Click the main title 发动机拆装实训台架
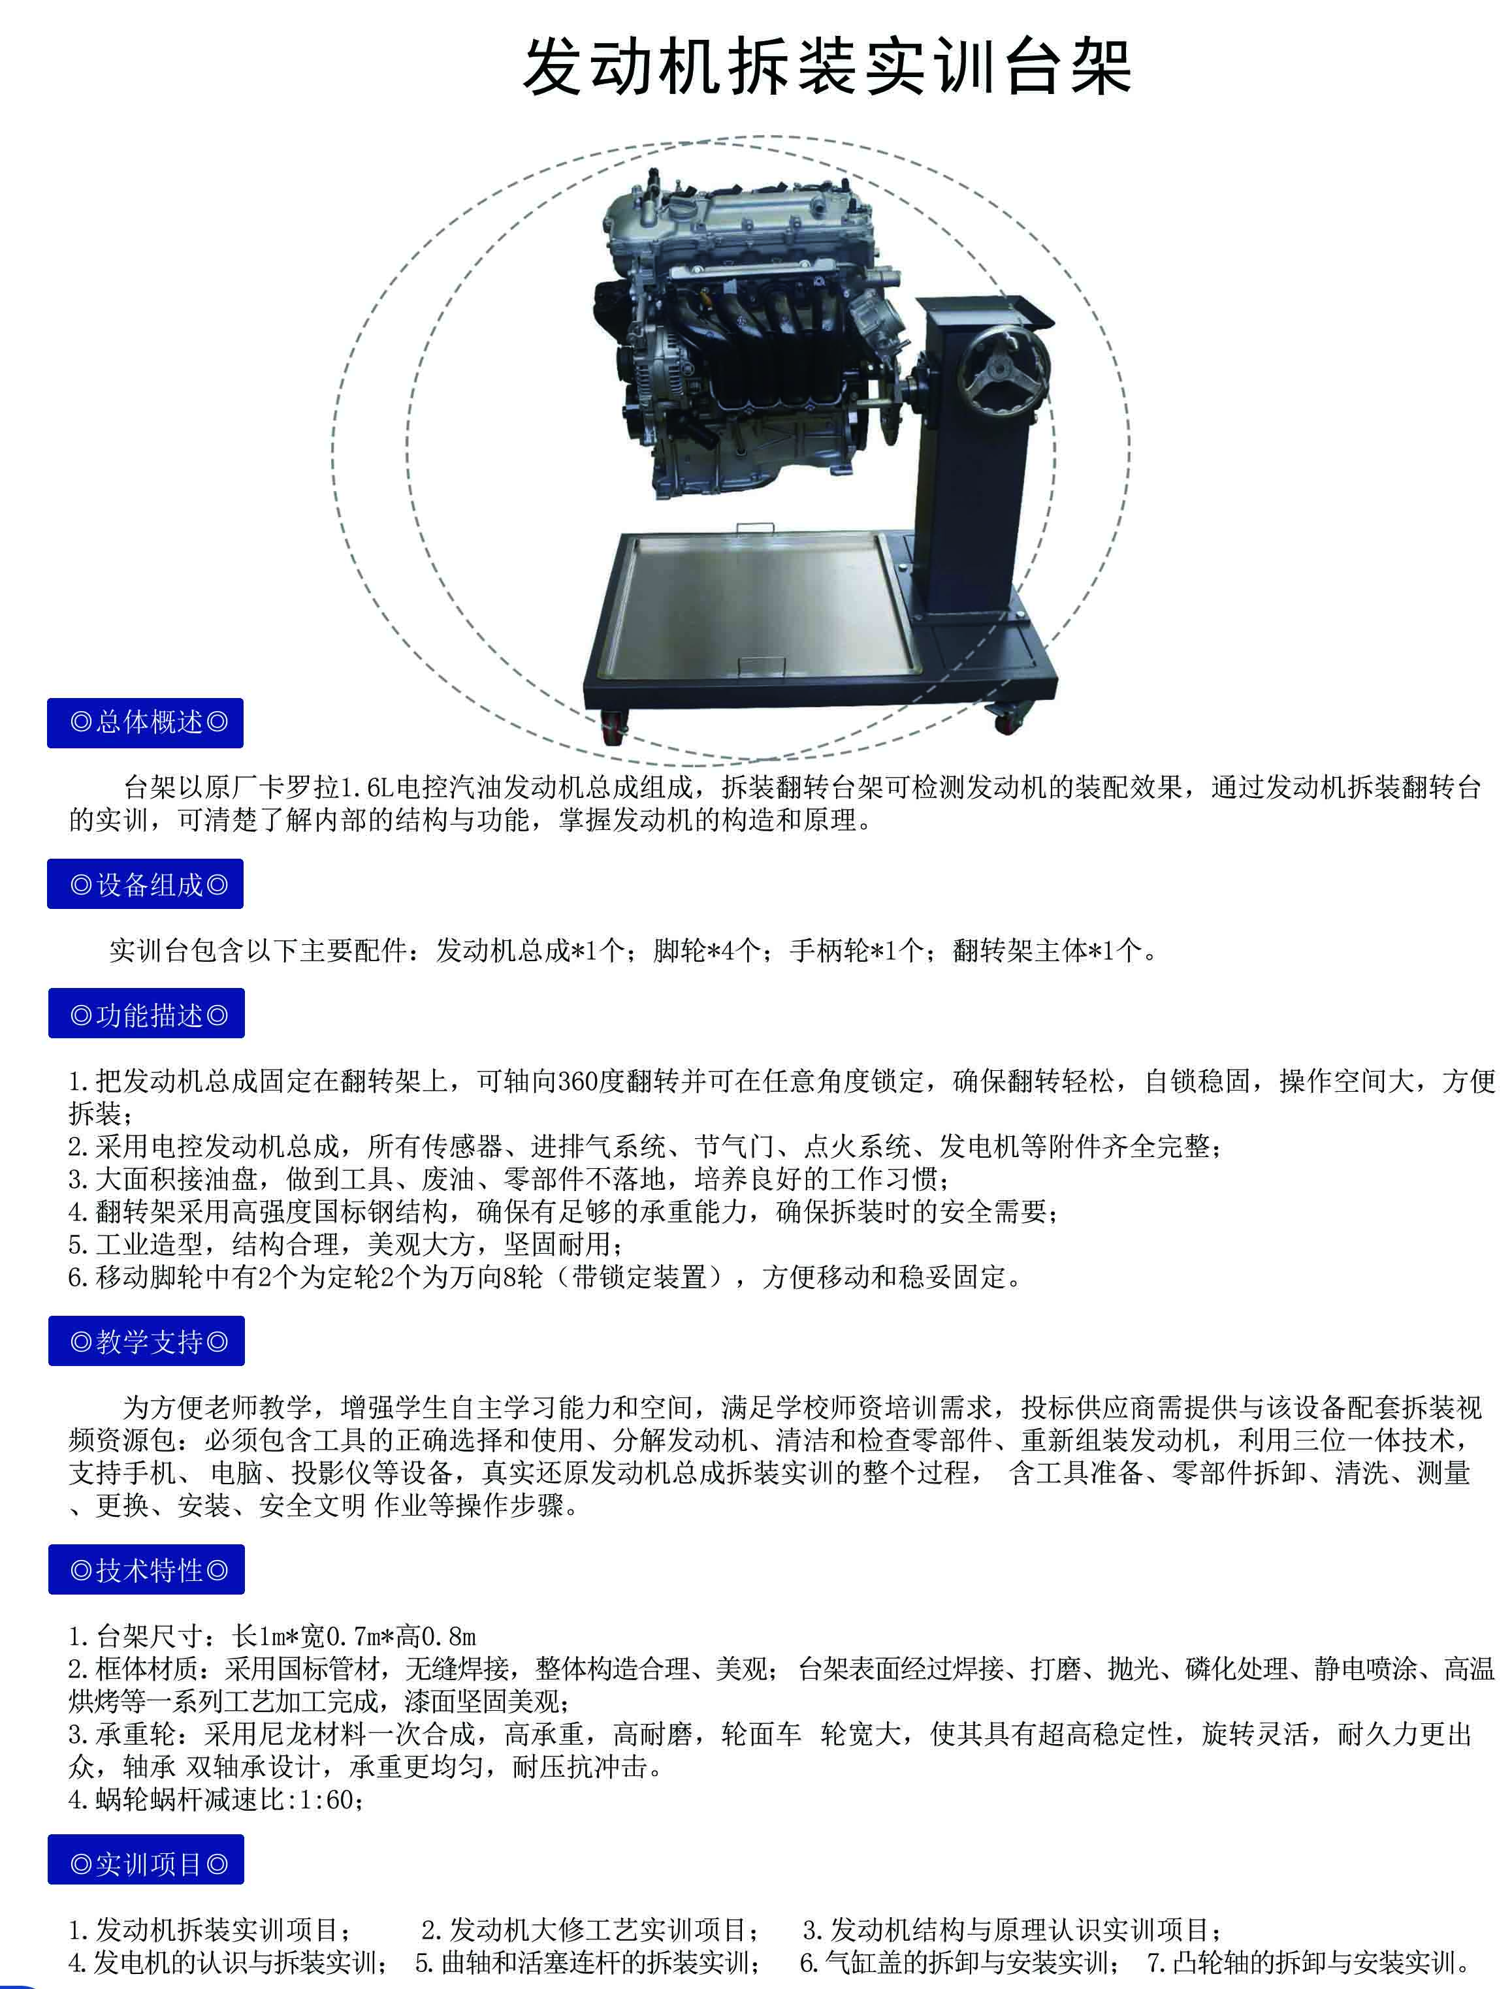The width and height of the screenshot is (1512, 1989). click(826, 67)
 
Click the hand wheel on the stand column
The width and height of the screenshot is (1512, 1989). click(1002, 372)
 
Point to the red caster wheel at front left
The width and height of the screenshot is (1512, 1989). click(614, 725)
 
